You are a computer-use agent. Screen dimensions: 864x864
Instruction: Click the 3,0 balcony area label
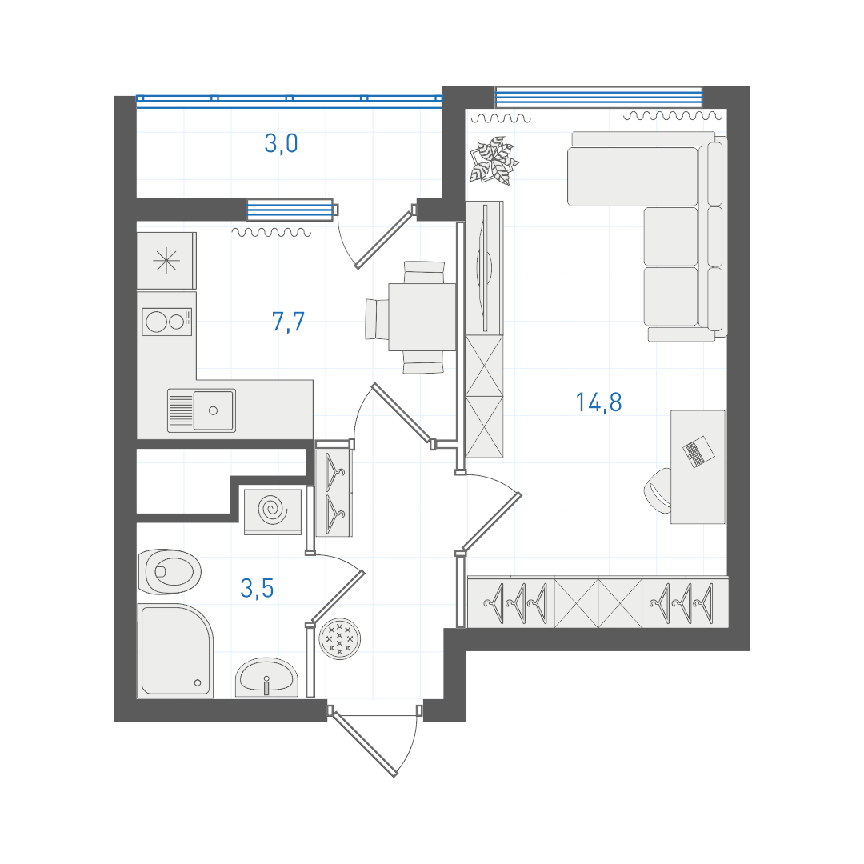tap(281, 144)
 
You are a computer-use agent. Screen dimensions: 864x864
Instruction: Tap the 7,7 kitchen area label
tap(288, 322)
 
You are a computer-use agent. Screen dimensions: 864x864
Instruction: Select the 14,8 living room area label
tap(598, 402)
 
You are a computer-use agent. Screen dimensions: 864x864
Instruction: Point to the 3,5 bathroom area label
tap(257, 589)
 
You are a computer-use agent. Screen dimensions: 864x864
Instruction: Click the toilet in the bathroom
tap(170, 571)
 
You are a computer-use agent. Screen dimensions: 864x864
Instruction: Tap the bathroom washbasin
tap(266, 677)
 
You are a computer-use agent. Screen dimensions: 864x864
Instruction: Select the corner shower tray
tap(175, 650)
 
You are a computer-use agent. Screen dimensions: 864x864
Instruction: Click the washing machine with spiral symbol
tap(273, 510)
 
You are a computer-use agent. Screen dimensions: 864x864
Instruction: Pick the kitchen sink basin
tap(214, 410)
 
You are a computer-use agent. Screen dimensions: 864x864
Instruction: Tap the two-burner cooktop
tap(167, 322)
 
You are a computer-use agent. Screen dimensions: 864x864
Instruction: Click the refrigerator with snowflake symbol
tap(166, 261)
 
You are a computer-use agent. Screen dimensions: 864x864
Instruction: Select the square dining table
tap(422, 317)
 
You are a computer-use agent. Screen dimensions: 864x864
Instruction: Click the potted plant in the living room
tap(494, 160)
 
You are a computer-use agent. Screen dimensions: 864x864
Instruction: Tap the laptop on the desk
tap(698, 452)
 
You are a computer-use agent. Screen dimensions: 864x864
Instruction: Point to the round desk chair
tap(658, 490)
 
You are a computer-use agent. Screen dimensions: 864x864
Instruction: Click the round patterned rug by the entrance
tap(340, 638)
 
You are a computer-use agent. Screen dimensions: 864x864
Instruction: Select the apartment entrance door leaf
tap(365, 743)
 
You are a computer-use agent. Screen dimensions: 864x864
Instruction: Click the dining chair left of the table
tap(377, 319)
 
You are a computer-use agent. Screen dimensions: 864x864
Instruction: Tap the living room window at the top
tap(599, 98)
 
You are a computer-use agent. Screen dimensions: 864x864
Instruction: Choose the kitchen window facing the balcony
tap(290, 210)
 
